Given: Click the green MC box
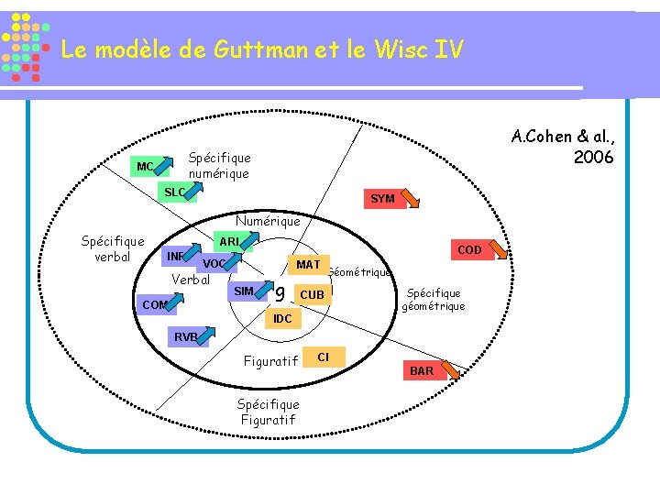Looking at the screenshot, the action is pos(144,168).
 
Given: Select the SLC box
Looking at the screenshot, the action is pos(175,192).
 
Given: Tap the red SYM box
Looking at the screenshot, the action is pos(382,199).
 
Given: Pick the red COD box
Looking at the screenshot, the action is pos(468,250).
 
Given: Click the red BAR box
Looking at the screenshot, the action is pos(422,371).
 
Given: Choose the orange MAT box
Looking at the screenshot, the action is pos(308,265).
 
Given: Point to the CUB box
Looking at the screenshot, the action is pos(312,295).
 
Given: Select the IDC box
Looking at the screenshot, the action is pos(282,319).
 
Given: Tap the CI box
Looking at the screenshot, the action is pos(323,356).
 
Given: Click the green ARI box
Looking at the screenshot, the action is pos(229,242).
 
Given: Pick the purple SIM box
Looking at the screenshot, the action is pos(244,291).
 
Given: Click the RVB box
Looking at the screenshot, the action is pos(186,336).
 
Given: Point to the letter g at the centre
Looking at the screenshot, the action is pos(280,294).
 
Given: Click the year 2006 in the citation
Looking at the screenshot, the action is pos(593,157).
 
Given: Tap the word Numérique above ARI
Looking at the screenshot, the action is pos(268,221).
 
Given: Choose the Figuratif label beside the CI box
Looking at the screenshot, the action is pos(270,361).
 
